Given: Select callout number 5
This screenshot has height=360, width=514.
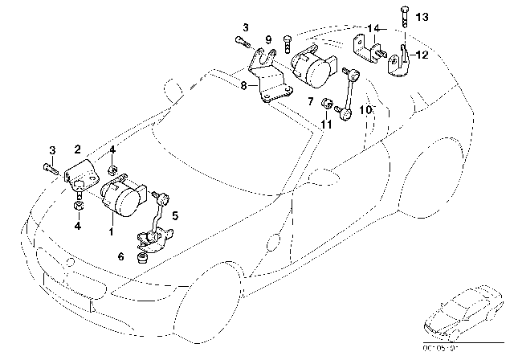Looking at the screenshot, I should point(176,215).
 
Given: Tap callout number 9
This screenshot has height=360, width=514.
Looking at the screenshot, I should point(268,39).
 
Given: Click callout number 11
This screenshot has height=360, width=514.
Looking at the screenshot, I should point(325,125).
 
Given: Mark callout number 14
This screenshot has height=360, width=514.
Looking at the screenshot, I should point(372,28).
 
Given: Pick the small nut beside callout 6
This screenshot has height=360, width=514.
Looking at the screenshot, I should point(141,256).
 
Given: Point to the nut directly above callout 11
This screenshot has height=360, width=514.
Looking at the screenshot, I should point(325,104).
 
